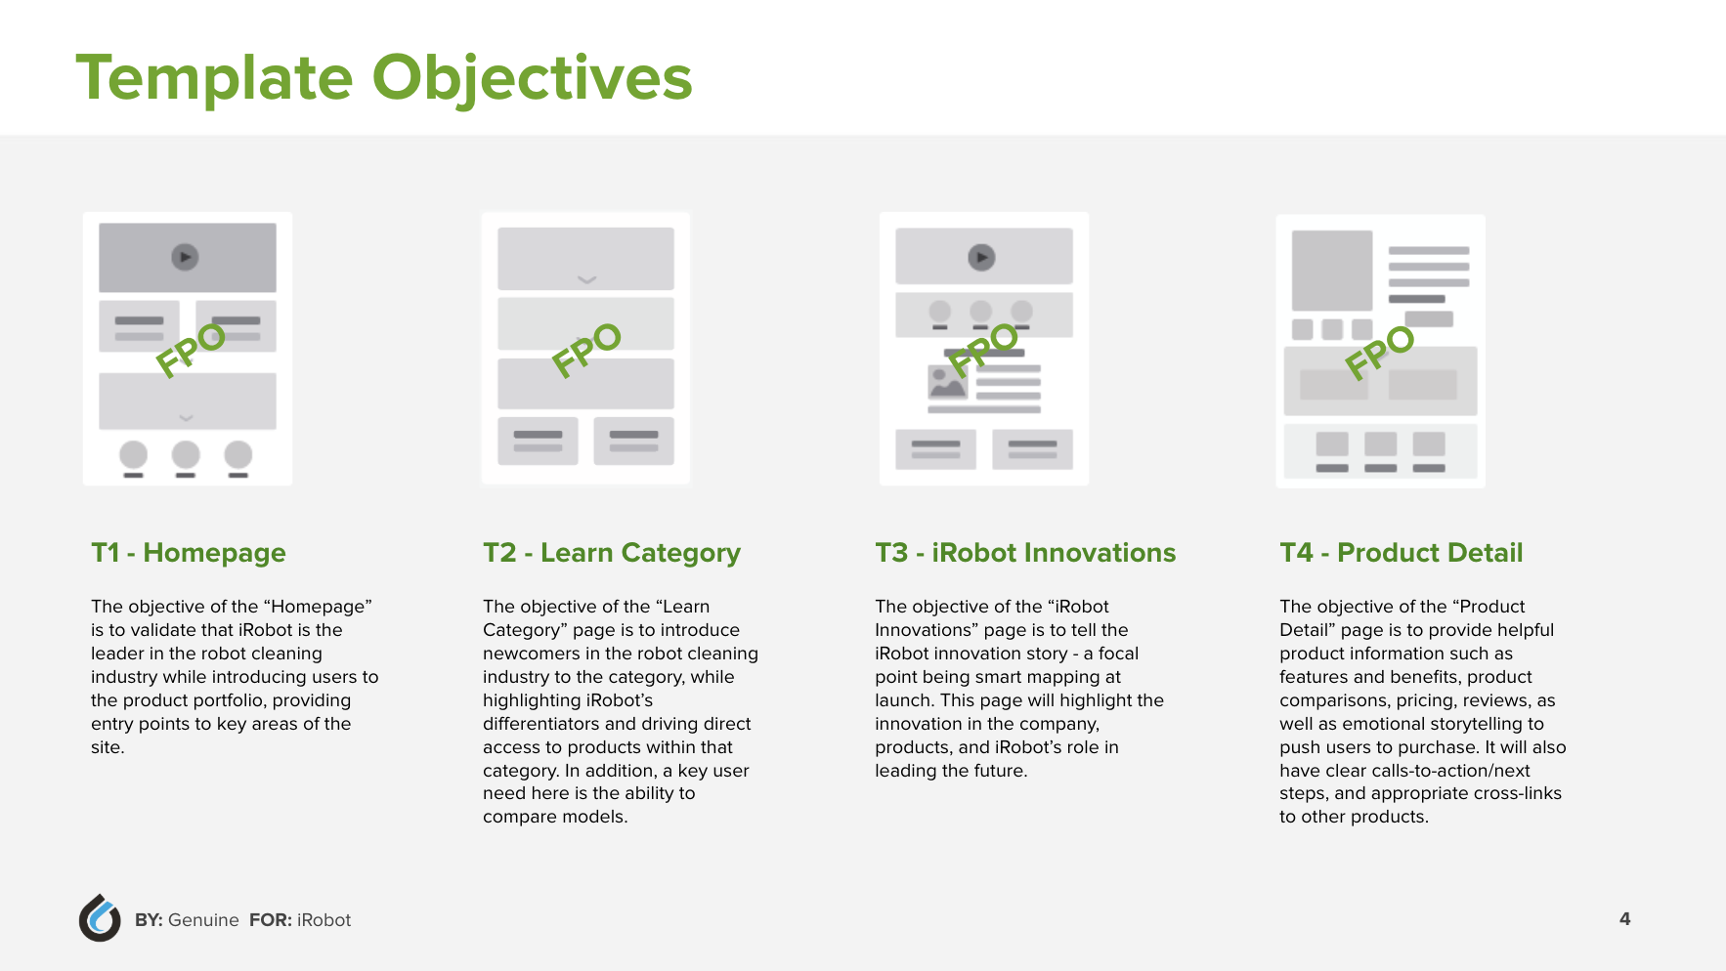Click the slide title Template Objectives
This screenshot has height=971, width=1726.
pos(384,78)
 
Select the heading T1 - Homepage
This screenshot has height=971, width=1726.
pos(189,553)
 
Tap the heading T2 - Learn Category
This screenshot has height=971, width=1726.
pos(612,553)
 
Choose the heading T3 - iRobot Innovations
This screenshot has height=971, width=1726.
pos(1025,553)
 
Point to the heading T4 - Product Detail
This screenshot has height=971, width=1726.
pos(1402,553)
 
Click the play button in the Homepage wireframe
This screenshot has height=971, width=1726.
pos(185,257)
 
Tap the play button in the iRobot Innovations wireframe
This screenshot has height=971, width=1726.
pos(981,257)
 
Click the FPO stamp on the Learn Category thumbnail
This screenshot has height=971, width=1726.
pos(586,350)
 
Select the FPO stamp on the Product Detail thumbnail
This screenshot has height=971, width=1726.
pos(1379,352)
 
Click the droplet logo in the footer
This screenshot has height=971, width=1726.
pos(100,918)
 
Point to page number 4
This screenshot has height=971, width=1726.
pos(1624,918)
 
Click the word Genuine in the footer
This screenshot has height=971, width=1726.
pos(203,920)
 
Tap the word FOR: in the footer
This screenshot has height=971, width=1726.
pos(271,920)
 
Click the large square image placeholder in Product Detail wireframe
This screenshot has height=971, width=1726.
pos(1332,271)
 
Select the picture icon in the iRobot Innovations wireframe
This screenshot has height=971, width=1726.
pos(947,382)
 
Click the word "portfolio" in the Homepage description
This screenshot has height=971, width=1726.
pos(226,700)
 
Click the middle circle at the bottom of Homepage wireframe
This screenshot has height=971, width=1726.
pos(186,454)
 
